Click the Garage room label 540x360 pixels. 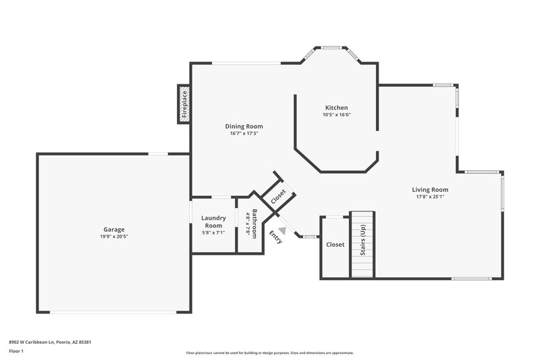coord(113,230)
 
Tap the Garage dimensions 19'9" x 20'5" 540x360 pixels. coord(113,237)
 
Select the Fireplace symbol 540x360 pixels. coord(184,104)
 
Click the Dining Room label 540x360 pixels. coord(244,126)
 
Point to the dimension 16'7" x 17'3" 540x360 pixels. coord(244,134)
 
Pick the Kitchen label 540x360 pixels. coord(336,108)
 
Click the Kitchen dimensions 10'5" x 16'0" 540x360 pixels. coord(336,115)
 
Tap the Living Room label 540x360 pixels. coord(430,190)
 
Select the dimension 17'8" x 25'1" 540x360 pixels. coord(430,197)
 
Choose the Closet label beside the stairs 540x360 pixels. coord(335,245)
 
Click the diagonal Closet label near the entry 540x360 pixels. coord(278,197)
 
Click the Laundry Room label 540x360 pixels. coord(213,222)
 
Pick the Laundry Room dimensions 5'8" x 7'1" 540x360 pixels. coord(213,232)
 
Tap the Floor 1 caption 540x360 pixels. coord(16,352)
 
